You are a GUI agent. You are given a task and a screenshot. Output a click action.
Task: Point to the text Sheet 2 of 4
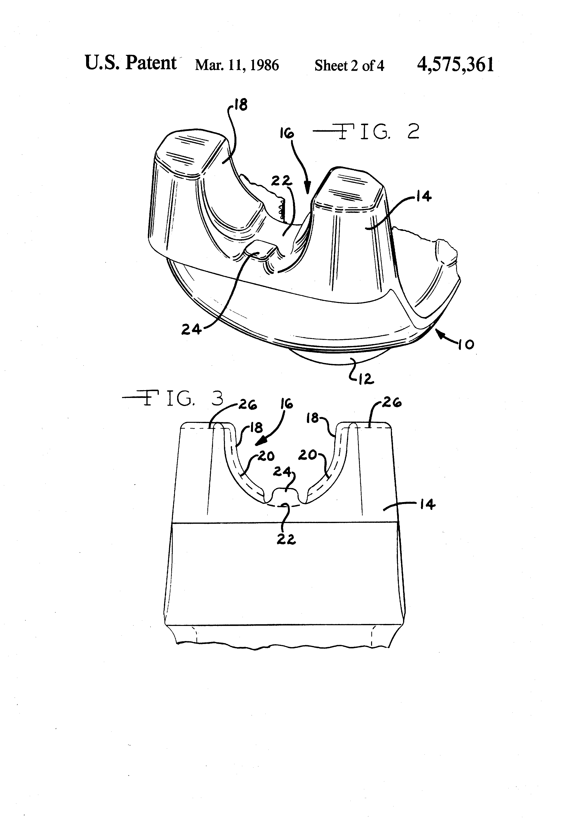pos(349,66)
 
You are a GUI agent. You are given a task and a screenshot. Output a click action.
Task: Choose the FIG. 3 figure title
pos(173,398)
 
